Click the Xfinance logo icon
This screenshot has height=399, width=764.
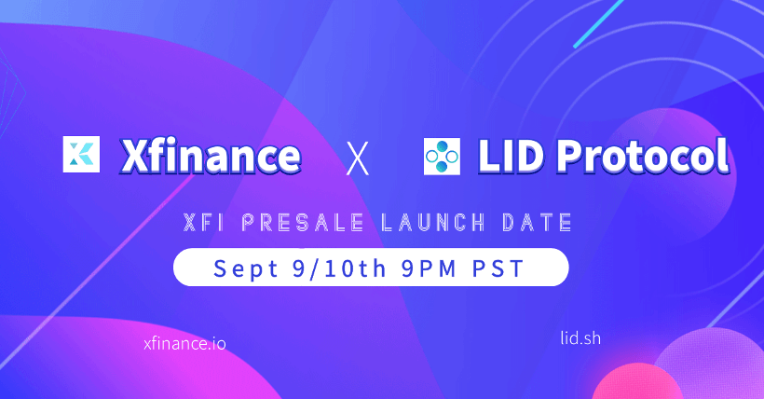[x=81, y=154]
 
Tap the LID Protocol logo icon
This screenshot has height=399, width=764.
[x=442, y=156]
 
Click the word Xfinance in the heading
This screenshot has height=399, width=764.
[x=211, y=156]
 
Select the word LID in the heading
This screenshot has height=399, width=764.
[x=511, y=156]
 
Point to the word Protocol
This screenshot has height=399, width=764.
[x=643, y=156]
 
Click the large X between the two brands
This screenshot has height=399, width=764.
[x=357, y=158]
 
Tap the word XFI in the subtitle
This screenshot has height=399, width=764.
[x=204, y=223]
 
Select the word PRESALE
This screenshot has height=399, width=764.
[x=303, y=223]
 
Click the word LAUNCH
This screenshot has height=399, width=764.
[x=432, y=223]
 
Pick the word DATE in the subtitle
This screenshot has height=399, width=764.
[x=537, y=223]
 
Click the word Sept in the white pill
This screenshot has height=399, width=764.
[x=246, y=268]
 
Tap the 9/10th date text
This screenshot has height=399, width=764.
[x=340, y=268]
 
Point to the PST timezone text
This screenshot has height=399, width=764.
[x=498, y=268]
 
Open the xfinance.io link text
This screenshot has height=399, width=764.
[x=184, y=343]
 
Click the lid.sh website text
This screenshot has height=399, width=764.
[x=580, y=338]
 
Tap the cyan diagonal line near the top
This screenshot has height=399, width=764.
[x=599, y=23]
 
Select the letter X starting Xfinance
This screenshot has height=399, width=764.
[x=134, y=156]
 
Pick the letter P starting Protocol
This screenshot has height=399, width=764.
[x=569, y=157]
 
